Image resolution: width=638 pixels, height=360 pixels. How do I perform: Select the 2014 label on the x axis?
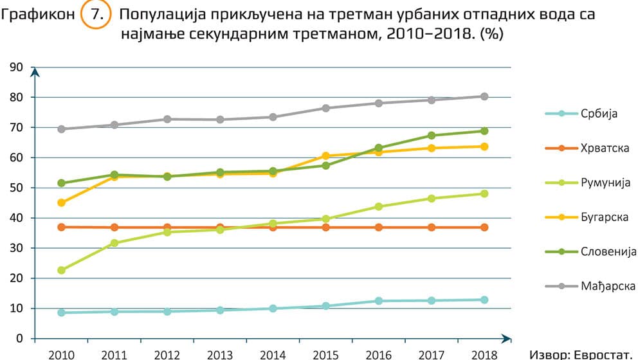point(273,354)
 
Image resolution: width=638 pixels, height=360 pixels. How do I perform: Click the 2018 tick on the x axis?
point(484,354)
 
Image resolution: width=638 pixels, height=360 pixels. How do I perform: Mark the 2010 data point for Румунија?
point(62,270)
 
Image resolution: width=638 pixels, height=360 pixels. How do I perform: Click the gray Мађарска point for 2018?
point(484,96)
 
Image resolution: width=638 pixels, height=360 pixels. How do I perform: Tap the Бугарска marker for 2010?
point(62,203)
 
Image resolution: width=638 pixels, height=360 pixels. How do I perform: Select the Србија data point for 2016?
point(378,301)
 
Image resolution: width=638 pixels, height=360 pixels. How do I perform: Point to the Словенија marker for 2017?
point(431,136)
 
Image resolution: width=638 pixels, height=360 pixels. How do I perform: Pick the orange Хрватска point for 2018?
point(484,227)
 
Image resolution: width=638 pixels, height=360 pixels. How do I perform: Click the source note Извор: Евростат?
point(583,354)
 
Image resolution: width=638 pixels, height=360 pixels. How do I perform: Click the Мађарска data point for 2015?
point(325,108)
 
